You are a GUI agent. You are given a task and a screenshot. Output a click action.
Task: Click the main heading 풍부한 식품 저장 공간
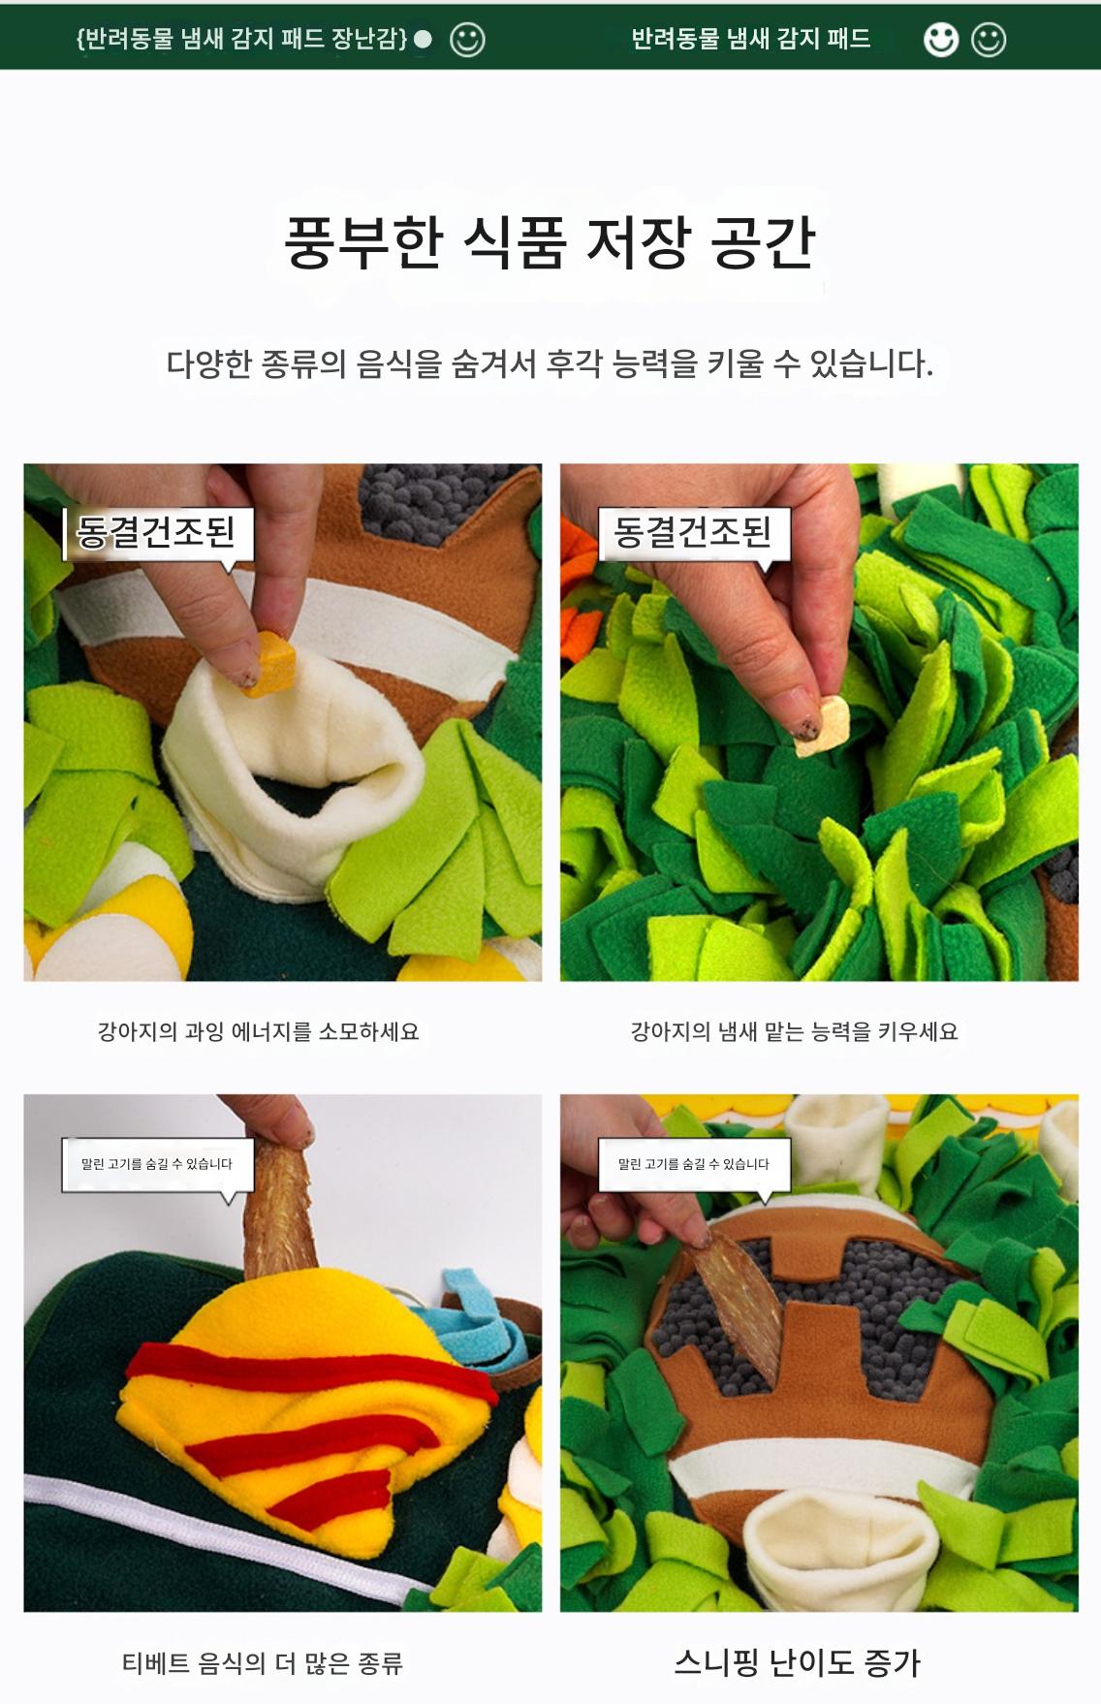coord(550,241)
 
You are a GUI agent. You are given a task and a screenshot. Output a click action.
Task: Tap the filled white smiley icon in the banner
coord(940,40)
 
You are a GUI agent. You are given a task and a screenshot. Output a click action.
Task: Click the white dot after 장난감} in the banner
coord(423,40)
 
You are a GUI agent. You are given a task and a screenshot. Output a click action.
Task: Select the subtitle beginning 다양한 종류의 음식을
coord(550,364)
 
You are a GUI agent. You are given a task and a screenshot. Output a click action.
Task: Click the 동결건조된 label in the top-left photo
coord(157,531)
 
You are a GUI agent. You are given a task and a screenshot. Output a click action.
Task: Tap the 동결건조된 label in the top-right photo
coord(694,531)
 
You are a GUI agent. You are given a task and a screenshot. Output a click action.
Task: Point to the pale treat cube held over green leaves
coord(823,726)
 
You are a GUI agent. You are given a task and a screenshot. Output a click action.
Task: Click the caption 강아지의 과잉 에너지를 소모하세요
coord(259,1031)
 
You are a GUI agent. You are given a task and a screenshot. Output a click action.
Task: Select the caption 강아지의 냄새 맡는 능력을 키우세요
coord(794,1031)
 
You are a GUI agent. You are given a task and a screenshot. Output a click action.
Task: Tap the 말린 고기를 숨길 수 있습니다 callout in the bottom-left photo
coord(157,1164)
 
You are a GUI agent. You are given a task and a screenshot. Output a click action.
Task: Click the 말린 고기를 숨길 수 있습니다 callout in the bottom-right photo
coord(694,1164)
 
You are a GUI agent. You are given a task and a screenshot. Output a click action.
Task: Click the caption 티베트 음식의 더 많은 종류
coord(262,1664)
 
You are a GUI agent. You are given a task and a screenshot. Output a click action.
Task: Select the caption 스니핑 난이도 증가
coord(797,1663)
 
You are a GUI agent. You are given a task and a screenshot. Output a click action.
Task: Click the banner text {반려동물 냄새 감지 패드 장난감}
coord(241,39)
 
